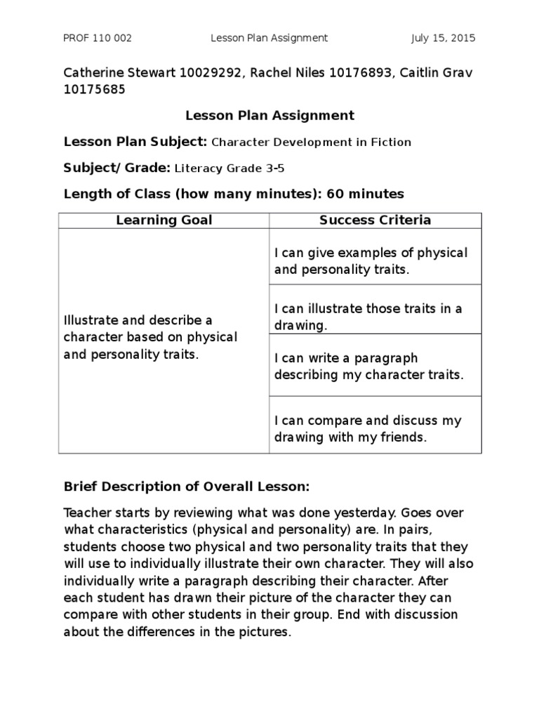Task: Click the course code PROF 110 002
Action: pyautogui.click(x=98, y=38)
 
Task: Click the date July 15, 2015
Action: pyautogui.click(x=443, y=38)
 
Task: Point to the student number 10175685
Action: pyautogui.click(x=95, y=89)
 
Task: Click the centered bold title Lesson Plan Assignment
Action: pyautogui.click(x=269, y=115)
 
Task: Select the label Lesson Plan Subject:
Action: pyautogui.click(x=135, y=142)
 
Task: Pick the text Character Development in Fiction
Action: pyautogui.click(x=311, y=143)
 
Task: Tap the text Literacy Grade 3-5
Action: pyautogui.click(x=229, y=169)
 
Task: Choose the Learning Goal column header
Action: pyautogui.click(x=164, y=220)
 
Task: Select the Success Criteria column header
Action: pyautogui.click(x=375, y=220)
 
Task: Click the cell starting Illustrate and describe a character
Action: pyautogui.click(x=150, y=337)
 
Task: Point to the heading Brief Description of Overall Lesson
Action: pyautogui.click(x=186, y=487)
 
